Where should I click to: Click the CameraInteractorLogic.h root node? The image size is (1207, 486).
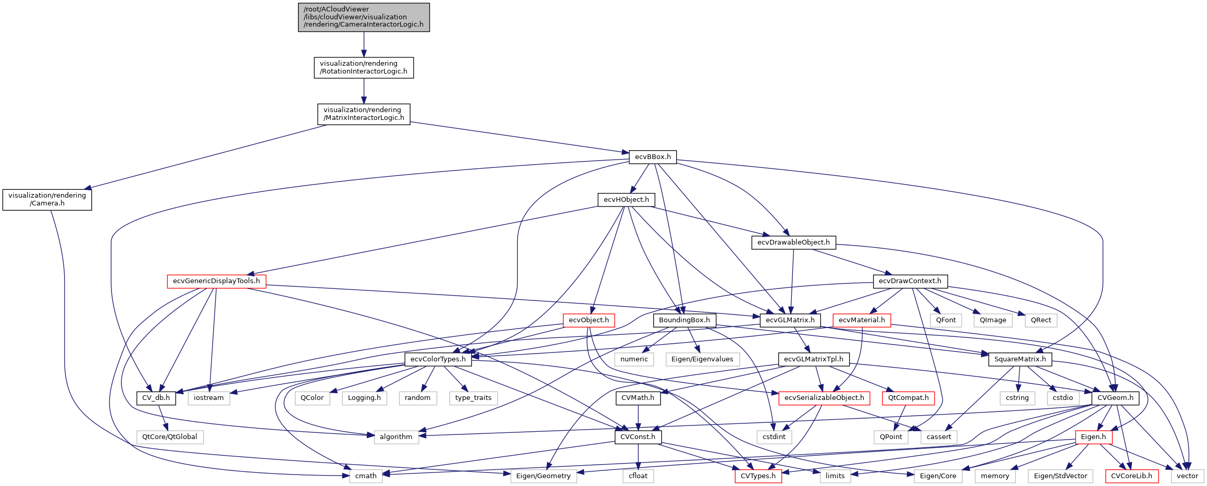tap(364, 17)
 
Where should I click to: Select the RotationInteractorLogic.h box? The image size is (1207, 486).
tap(364, 68)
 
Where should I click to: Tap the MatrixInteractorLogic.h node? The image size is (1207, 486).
tap(364, 114)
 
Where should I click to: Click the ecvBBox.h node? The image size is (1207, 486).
tap(653, 157)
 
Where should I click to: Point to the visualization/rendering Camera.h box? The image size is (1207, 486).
tap(47, 200)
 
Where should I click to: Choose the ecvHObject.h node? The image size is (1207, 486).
tap(626, 200)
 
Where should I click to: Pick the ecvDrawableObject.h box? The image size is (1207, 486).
tap(793, 242)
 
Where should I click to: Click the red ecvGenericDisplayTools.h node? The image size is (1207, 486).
tap(216, 281)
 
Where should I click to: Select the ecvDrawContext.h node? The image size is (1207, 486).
tap(910, 281)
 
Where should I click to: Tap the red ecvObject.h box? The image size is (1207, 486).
tap(589, 320)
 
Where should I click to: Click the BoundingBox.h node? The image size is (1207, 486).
tap(685, 320)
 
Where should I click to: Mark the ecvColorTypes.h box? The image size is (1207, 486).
tap(438, 359)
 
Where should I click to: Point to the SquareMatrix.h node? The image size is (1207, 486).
tap(1020, 359)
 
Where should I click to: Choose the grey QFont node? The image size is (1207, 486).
tap(946, 320)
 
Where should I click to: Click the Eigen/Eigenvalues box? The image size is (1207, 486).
tap(702, 359)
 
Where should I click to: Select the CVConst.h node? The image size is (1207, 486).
tap(638, 437)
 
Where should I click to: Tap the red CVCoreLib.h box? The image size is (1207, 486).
tap(1131, 476)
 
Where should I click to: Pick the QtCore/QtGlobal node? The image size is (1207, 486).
tap(170, 437)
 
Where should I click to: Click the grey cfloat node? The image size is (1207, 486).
tap(638, 476)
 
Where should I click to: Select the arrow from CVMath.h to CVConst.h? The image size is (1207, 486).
tap(638, 418)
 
